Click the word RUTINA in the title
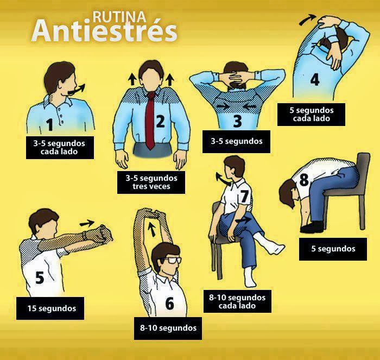119,17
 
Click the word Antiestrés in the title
104,31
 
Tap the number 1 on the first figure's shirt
50,124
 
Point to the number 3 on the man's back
238,121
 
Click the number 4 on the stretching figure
314,79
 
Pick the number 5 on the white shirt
40,277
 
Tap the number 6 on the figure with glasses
169,303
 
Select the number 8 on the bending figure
304,180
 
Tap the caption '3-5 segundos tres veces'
151,182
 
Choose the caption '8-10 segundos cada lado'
237,301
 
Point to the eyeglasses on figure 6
170,260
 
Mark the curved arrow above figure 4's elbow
307,20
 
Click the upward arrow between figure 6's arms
152,229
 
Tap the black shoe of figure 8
311,228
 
